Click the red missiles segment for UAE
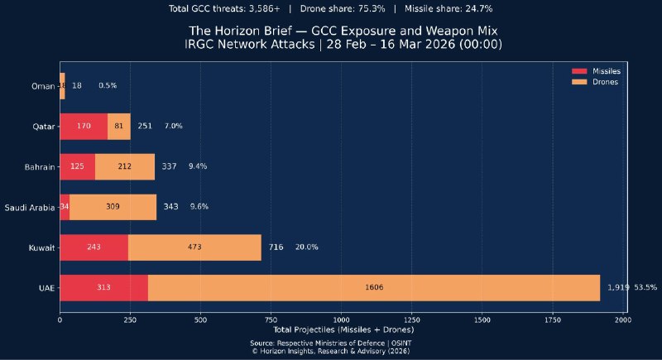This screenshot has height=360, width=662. pyautogui.click(x=103, y=287)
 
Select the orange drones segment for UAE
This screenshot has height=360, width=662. pyautogui.click(x=373, y=287)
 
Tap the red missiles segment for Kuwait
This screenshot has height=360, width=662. pyautogui.click(x=94, y=247)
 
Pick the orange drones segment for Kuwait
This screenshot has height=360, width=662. pyautogui.click(x=194, y=247)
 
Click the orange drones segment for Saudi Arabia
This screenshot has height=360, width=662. pyautogui.click(x=113, y=206)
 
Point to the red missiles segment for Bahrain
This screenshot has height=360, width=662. pyautogui.click(x=78, y=166)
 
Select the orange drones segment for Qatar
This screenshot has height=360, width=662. pyautogui.click(x=119, y=126)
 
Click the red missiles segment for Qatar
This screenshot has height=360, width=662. pyautogui.click(x=84, y=126)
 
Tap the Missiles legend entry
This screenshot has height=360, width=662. pyautogui.click(x=600, y=71)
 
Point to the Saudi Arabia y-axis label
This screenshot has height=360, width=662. pyautogui.click(x=30, y=207)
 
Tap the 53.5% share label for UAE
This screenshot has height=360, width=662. pyautogui.click(x=645, y=287)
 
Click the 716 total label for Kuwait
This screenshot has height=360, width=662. pyautogui.click(x=276, y=247)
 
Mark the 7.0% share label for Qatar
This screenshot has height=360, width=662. pyautogui.click(x=174, y=126)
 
